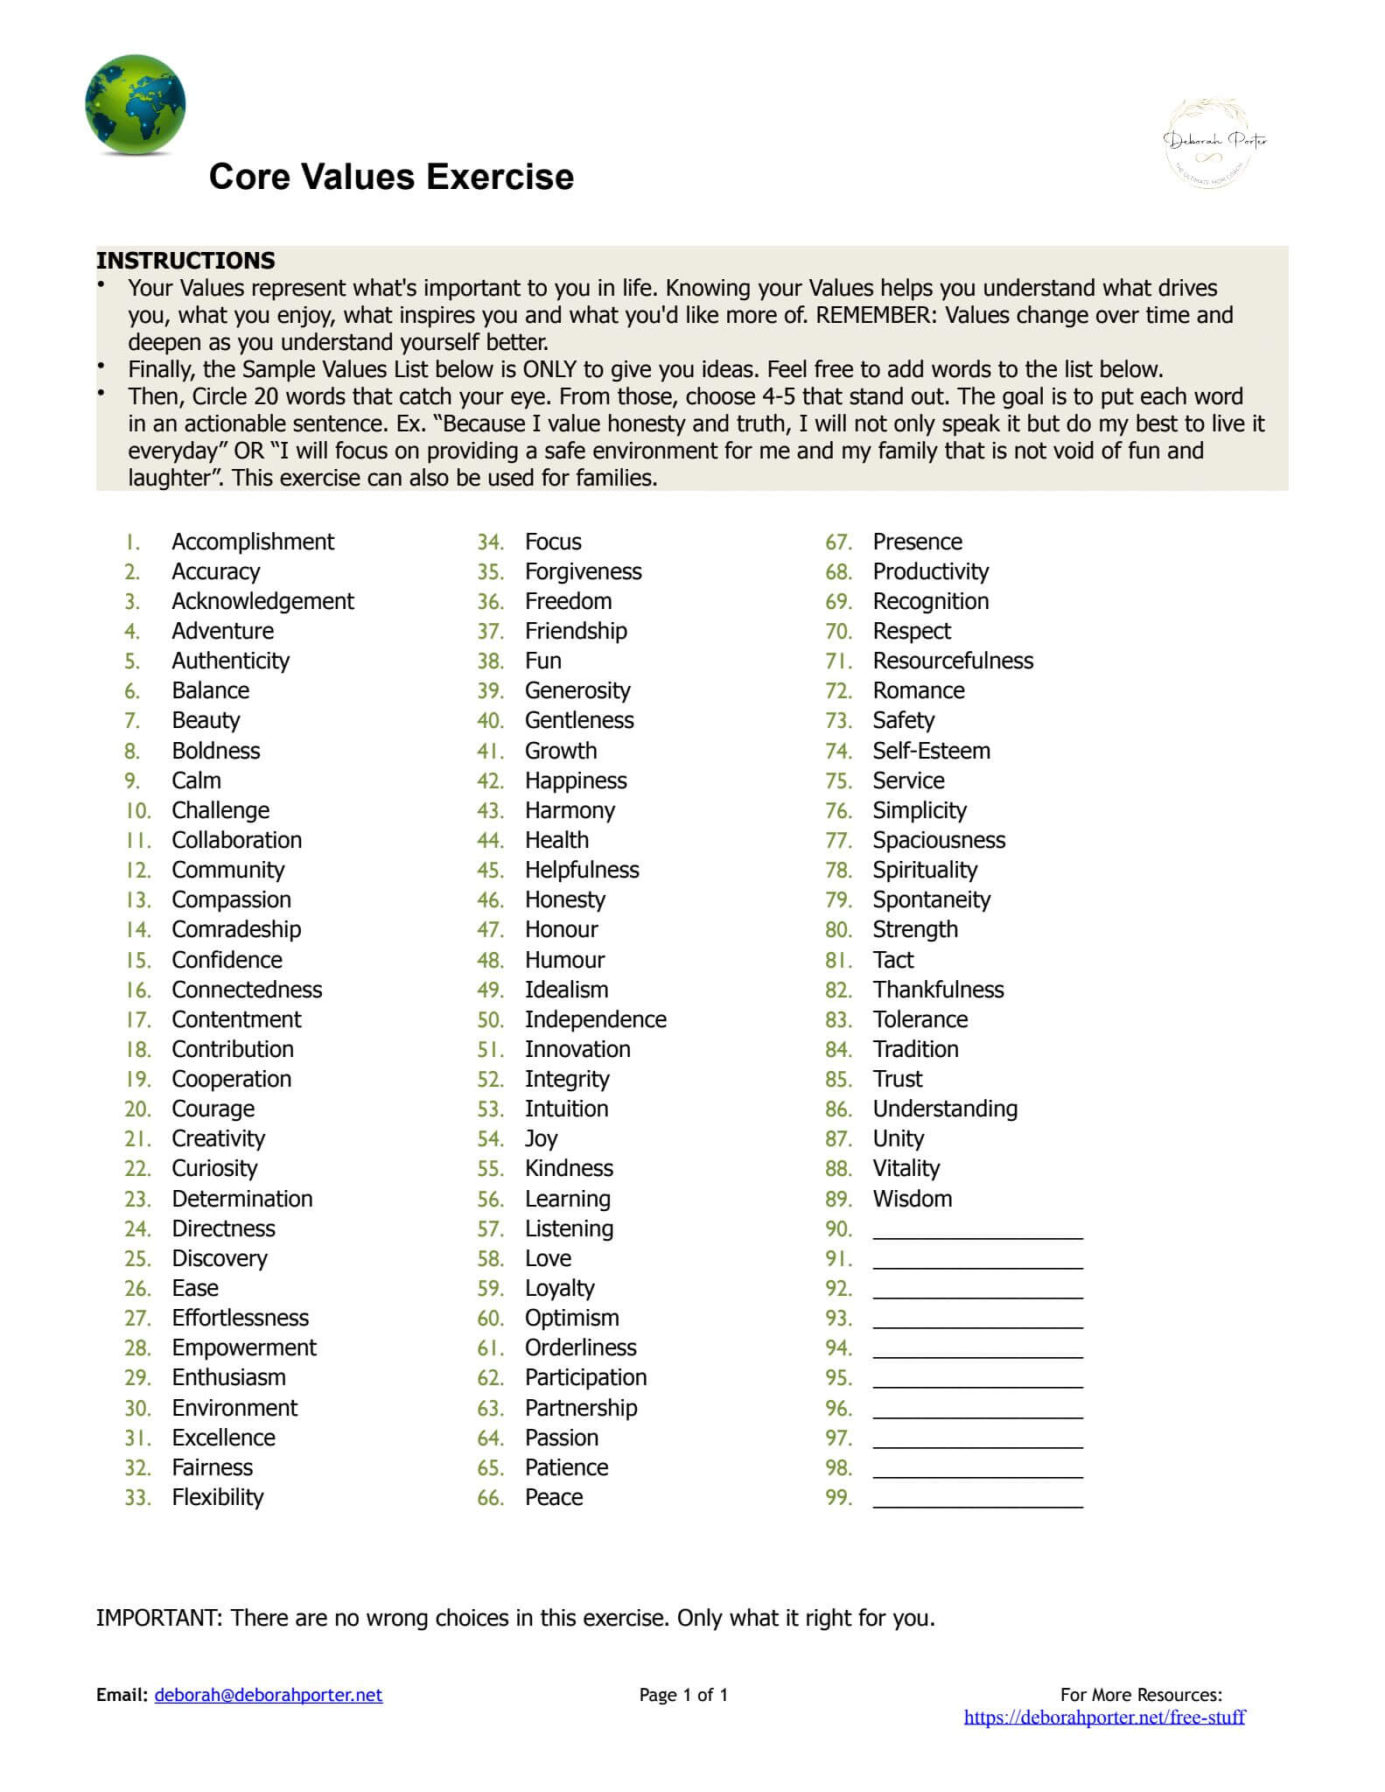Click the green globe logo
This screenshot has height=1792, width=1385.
click(x=135, y=105)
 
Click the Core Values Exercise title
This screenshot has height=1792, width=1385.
click(x=391, y=177)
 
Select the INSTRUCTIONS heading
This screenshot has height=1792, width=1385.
click(x=185, y=261)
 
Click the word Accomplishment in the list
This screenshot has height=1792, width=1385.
click(x=252, y=542)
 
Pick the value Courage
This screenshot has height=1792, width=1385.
click(x=213, y=1109)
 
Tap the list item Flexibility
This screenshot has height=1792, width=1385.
click(x=217, y=1497)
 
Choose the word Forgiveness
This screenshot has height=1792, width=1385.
click(x=583, y=571)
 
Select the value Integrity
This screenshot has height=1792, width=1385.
click(x=566, y=1079)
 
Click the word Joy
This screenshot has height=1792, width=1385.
click(x=541, y=1138)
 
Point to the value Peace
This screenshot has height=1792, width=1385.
click(x=553, y=1497)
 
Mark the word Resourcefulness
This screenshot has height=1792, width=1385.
click(x=952, y=661)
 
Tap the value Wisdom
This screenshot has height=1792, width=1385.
click(x=912, y=1199)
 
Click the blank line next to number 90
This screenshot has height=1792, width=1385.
click(x=977, y=1231)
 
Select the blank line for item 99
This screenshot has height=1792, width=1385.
click(x=977, y=1500)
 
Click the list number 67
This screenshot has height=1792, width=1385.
click(x=838, y=542)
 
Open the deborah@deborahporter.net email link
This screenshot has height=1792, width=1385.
click(x=268, y=1695)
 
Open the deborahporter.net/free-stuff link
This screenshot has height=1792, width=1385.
click(x=1104, y=1717)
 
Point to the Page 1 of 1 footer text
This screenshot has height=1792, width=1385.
click(x=683, y=1695)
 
